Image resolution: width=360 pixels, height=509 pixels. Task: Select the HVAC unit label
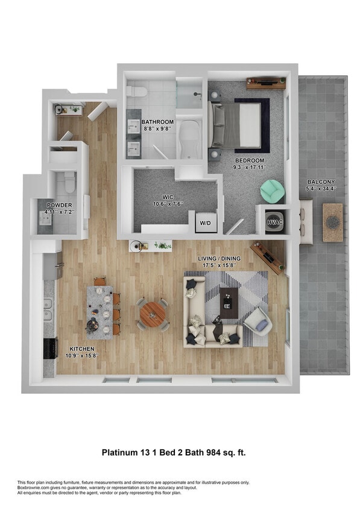pos(274,223)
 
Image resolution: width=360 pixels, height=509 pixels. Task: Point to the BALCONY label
pos(321,182)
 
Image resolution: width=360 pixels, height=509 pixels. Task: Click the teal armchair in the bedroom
pos(273,192)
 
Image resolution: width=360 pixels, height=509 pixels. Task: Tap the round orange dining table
pos(152,312)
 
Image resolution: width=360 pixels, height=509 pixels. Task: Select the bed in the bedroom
pos(237,125)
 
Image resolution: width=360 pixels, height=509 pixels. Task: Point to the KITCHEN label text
pos(81,349)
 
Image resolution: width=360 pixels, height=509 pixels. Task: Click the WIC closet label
pos(168,197)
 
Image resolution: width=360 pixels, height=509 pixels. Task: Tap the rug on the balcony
pos(332,222)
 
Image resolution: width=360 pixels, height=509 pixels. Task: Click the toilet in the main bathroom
pos(138,91)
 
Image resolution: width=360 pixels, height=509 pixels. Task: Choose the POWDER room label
pos(59,206)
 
